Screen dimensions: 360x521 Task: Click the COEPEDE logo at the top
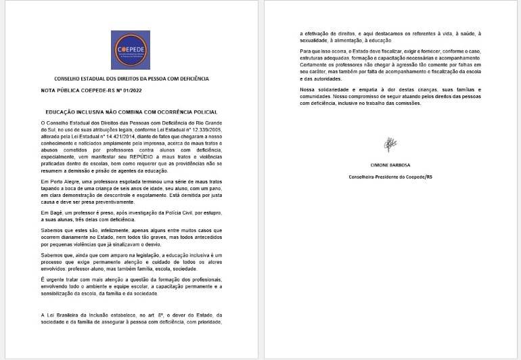pyautogui.click(x=131, y=49)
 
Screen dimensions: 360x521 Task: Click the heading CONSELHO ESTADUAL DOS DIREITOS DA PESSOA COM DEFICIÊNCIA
pyautogui.click(x=131, y=78)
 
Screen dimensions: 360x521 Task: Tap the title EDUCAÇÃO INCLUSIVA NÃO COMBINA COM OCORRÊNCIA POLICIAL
pyautogui.click(x=131, y=111)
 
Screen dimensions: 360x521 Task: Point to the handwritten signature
pyautogui.click(x=390, y=144)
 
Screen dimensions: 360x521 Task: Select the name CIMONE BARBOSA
pyautogui.click(x=390, y=165)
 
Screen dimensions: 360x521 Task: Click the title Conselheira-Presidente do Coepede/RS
pyautogui.click(x=390, y=176)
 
